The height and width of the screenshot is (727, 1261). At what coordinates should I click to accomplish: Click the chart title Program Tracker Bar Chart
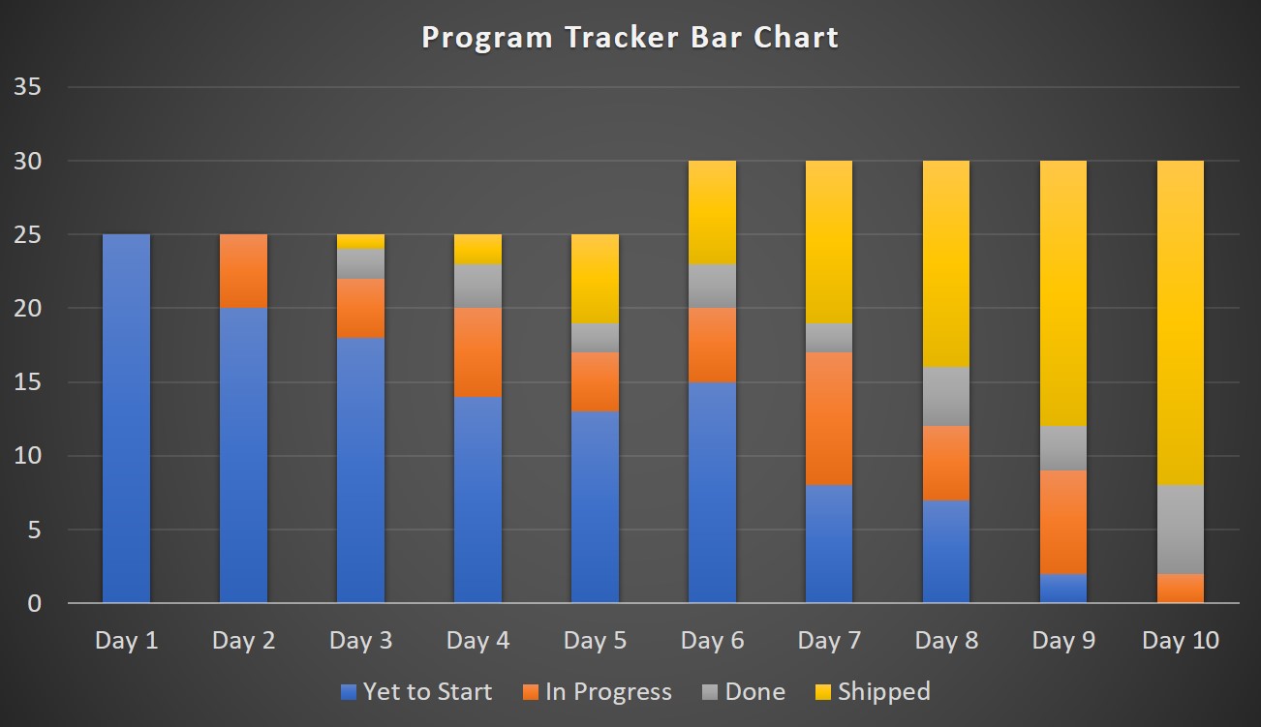coord(630,38)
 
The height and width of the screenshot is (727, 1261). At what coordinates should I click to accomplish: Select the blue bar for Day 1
coord(126,418)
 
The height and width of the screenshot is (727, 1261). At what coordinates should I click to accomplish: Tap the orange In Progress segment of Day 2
coord(243,271)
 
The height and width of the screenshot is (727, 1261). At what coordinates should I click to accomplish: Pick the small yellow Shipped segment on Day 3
coord(360,241)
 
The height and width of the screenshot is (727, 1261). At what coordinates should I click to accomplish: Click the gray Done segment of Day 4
coord(477,286)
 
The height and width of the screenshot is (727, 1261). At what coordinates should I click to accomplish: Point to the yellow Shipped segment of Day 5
coord(595,279)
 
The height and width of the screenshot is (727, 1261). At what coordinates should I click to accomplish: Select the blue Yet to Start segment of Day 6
coord(712,492)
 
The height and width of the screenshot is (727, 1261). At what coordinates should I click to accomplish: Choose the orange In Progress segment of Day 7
coord(829,418)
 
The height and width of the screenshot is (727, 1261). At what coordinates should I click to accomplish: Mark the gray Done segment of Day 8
coord(946,396)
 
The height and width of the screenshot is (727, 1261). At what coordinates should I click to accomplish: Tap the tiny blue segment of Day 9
coord(1063,588)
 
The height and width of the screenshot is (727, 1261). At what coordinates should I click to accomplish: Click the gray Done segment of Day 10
coord(1181,529)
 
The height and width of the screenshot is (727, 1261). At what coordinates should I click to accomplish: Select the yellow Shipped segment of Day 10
coord(1181,322)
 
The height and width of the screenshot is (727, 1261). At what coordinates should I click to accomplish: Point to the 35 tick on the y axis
coord(27,87)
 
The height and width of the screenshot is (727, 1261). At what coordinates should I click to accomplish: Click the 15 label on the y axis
coord(27,382)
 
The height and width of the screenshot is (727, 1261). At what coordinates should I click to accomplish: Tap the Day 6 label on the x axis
coord(712,641)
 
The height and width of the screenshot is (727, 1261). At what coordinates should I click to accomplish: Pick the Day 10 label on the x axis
coord(1181,641)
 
